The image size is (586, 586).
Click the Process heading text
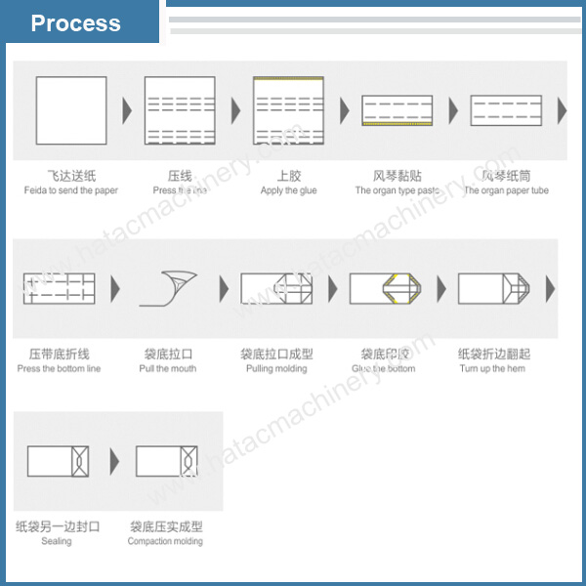pyautogui.click(x=75, y=23)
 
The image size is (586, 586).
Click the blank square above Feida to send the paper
pyautogui.click(x=71, y=110)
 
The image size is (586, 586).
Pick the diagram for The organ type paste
pyautogui.click(x=397, y=110)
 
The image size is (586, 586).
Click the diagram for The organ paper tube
pyautogui.click(x=505, y=110)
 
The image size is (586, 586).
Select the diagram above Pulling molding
pyautogui.click(x=276, y=288)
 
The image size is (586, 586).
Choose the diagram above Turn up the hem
pyautogui.click(x=492, y=288)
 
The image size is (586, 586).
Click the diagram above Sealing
pyautogui.click(x=58, y=461)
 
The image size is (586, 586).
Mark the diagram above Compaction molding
pyautogui.click(x=166, y=461)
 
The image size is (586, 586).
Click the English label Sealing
pyautogui.click(x=57, y=541)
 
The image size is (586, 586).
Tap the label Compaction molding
pyautogui.click(x=165, y=541)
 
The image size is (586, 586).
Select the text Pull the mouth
pyautogui.click(x=168, y=368)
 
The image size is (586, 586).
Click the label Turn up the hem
pyautogui.click(x=492, y=368)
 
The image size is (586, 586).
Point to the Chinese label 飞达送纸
pyautogui.click(x=71, y=176)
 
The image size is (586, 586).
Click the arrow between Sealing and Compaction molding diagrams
pyautogui.click(x=114, y=461)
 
